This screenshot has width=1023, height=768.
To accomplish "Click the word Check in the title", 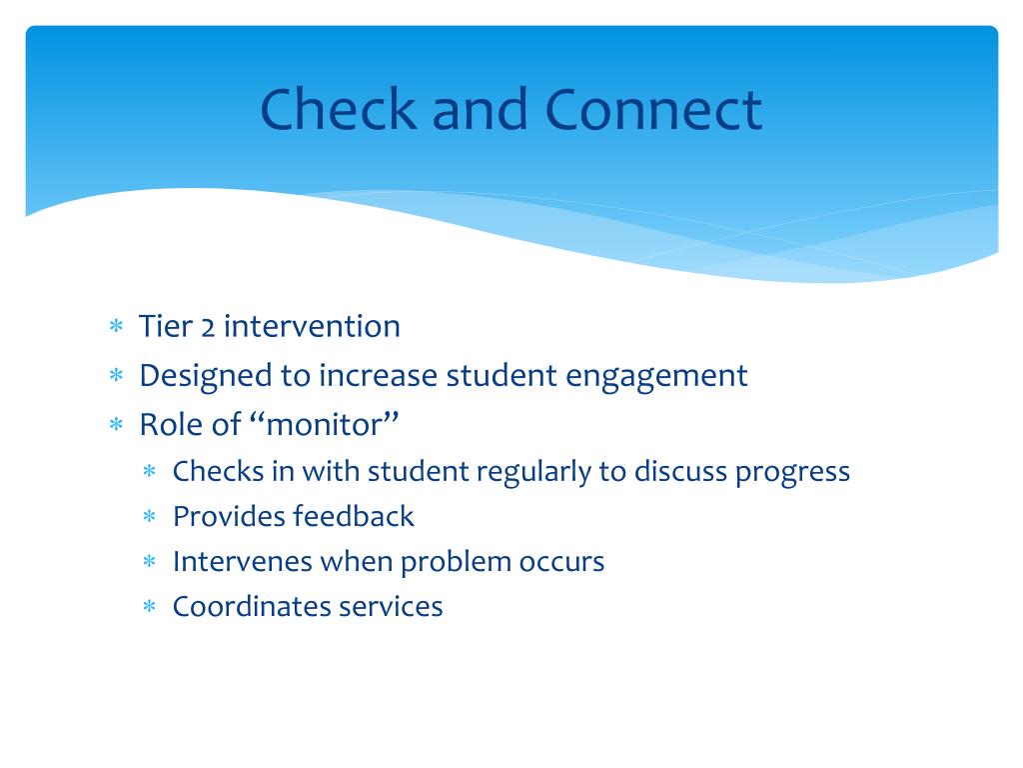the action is tap(338, 109).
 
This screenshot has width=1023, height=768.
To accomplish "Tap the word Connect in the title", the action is tap(653, 109).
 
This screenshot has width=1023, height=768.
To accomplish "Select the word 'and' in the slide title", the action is tap(480, 109).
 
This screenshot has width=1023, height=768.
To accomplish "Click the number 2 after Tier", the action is tap(208, 327).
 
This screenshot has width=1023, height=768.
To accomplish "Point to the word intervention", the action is tap(312, 326).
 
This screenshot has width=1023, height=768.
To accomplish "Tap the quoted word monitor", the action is tap(325, 424).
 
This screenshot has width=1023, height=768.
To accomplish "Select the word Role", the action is tap(169, 424).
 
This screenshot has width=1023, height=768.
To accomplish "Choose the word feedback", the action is tap(354, 517).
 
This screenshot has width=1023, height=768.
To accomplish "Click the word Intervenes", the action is tap(243, 562).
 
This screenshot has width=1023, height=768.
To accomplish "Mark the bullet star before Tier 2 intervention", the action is tap(116, 325).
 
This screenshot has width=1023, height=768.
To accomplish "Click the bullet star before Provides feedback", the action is tap(150, 517).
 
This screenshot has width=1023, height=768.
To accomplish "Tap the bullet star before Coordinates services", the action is tap(150, 607).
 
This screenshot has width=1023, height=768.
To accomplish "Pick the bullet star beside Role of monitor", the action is tap(116, 424).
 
